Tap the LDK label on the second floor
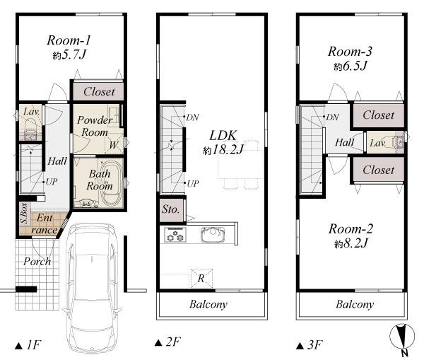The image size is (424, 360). click(x=218, y=134)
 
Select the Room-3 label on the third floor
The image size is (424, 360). click(x=349, y=51)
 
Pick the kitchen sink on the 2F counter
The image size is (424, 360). click(x=211, y=234)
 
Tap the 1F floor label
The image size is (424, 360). click(x=29, y=345)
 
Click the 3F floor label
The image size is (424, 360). click(x=310, y=345)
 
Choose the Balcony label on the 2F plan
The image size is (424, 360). click(x=208, y=305)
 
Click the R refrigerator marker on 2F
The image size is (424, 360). click(x=201, y=279)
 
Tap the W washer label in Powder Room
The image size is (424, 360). click(x=113, y=146)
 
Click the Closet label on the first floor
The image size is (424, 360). click(x=99, y=92)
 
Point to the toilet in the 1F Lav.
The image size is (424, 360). click(x=30, y=127)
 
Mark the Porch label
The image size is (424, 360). click(x=37, y=261)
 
